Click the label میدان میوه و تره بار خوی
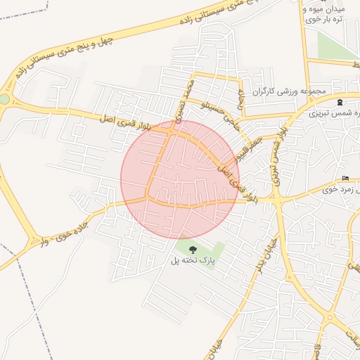326,13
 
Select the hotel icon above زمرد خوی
345,179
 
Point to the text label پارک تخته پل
192,261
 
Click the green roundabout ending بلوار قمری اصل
5,99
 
